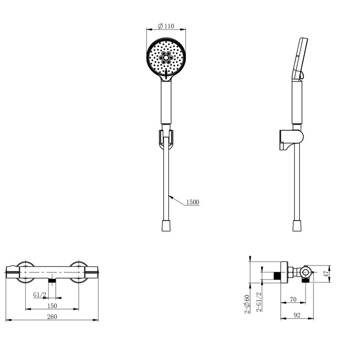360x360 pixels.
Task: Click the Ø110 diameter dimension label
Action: pyautogui.click(x=166, y=26)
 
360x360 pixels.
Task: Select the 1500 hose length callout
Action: pyautogui.click(x=193, y=202)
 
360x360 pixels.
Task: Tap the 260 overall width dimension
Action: pyautogui.click(x=52, y=317)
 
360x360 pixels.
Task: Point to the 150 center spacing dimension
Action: pyautogui.click(x=52, y=306)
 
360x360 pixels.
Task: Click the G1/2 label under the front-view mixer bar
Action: pyautogui.click(x=40, y=295)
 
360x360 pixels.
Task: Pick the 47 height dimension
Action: pyautogui.click(x=326, y=274)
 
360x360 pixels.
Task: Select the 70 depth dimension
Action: pyautogui.click(x=293, y=299)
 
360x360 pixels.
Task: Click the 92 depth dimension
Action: pyautogui.click(x=297, y=315)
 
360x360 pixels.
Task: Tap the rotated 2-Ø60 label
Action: pyautogui.click(x=247, y=304)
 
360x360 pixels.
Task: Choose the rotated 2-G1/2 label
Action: pyautogui.click(x=259, y=301)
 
